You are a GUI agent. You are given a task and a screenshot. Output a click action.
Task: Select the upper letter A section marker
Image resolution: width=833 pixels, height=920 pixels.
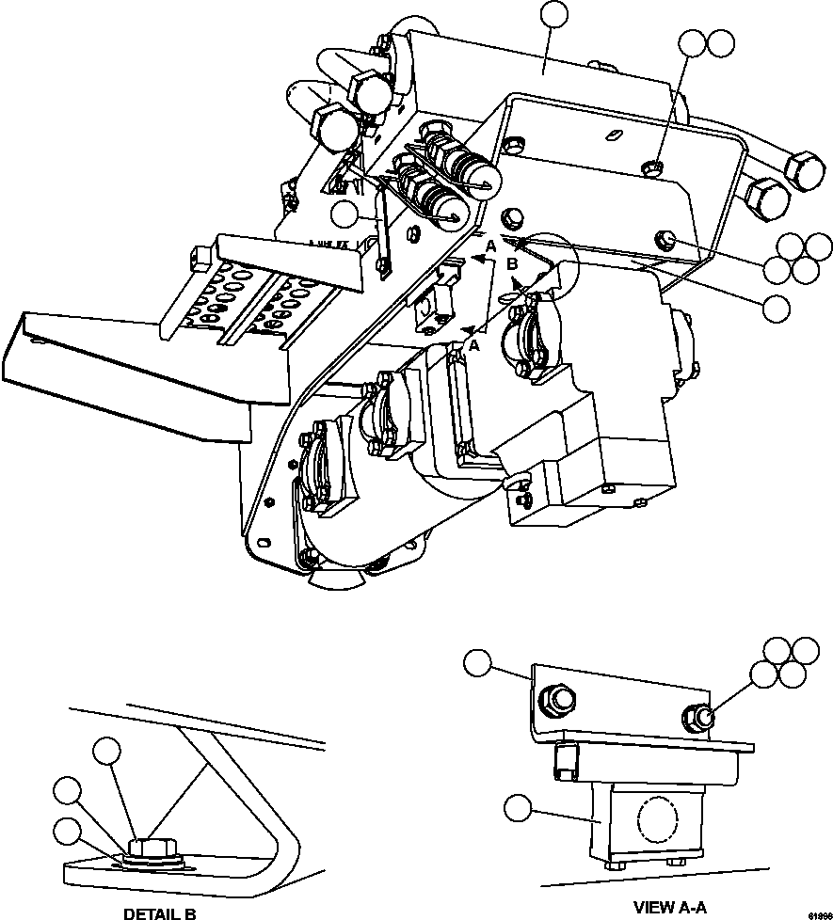(x=489, y=246)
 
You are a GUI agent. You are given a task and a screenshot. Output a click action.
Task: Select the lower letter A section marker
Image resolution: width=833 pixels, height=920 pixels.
(x=473, y=346)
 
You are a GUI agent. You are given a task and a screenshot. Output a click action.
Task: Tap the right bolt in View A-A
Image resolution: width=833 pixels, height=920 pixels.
(x=700, y=718)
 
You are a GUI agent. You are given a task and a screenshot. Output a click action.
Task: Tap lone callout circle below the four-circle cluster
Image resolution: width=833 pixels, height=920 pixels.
(x=776, y=307)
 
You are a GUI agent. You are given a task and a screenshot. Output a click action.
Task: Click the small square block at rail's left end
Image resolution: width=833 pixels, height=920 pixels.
(x=197, y=253)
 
